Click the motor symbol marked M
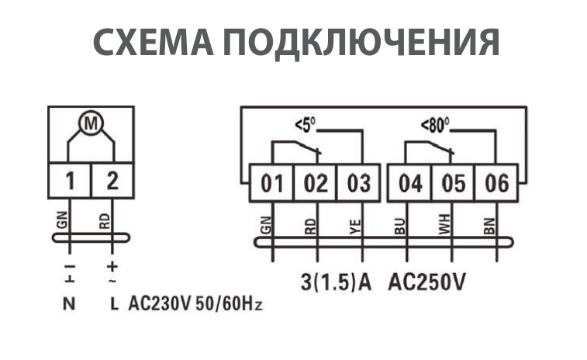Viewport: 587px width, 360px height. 91,124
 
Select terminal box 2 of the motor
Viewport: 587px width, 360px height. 112,181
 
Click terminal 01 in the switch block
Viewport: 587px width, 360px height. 272,184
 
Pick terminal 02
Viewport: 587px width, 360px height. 316,184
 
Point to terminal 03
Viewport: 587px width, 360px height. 358,184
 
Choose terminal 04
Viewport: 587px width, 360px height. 410,184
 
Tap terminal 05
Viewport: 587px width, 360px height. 453,184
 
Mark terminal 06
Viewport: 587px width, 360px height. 496,184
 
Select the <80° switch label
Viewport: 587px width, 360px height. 436,124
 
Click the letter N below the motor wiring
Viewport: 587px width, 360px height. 69,303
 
